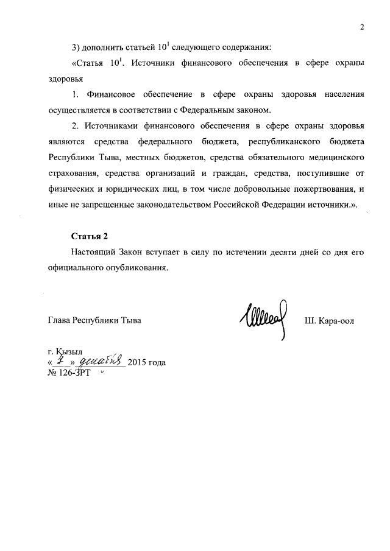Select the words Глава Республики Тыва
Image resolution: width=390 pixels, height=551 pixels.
(x=94, y=320)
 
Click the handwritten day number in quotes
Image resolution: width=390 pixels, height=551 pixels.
(x=62, y=361)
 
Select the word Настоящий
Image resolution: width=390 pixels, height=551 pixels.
(x=93, y=252)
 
